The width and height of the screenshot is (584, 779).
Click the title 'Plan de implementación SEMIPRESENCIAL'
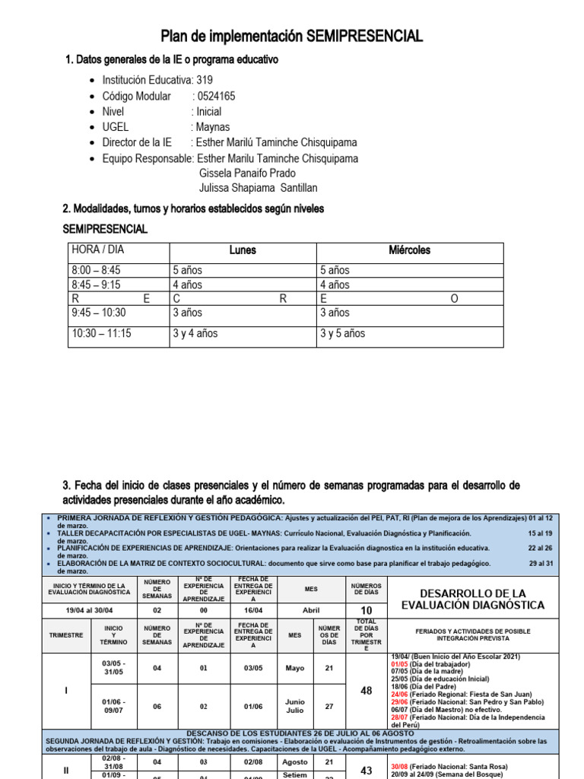pyautogui.click(x=292, y=37)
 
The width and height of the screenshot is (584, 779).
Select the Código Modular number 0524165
pyautogui.click(x=216, y=96)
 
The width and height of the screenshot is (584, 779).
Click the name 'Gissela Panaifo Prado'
pyautogui.click(x=247, y=173)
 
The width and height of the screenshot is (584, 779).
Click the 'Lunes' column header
pyautogui.click(x=243, y=250)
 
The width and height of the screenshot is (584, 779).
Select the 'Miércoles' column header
pyautogui.click(x=409, y=250)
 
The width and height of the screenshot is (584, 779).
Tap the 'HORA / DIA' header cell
pyautogui.click(x=97, y=250)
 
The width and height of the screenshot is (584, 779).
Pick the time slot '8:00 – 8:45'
pyautogui.click(x=96, y=270)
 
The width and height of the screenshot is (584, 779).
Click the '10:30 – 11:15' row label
pyautogui.click(x=101, y=333)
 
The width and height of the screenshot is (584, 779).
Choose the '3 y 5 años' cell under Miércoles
pyautogui.click(x=342, y=333)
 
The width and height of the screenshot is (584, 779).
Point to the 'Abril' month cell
pyautogui.click(x=311, y=610)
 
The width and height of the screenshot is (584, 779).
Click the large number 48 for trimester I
pyautogui.click(x=366, y=691)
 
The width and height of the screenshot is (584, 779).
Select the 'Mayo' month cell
pyautogui.click(x=295, y=668)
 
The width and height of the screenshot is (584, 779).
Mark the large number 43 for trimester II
pyautogui.click(x=366, y=771)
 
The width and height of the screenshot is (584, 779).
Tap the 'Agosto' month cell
pyautogui.click(x=295, y=762)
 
